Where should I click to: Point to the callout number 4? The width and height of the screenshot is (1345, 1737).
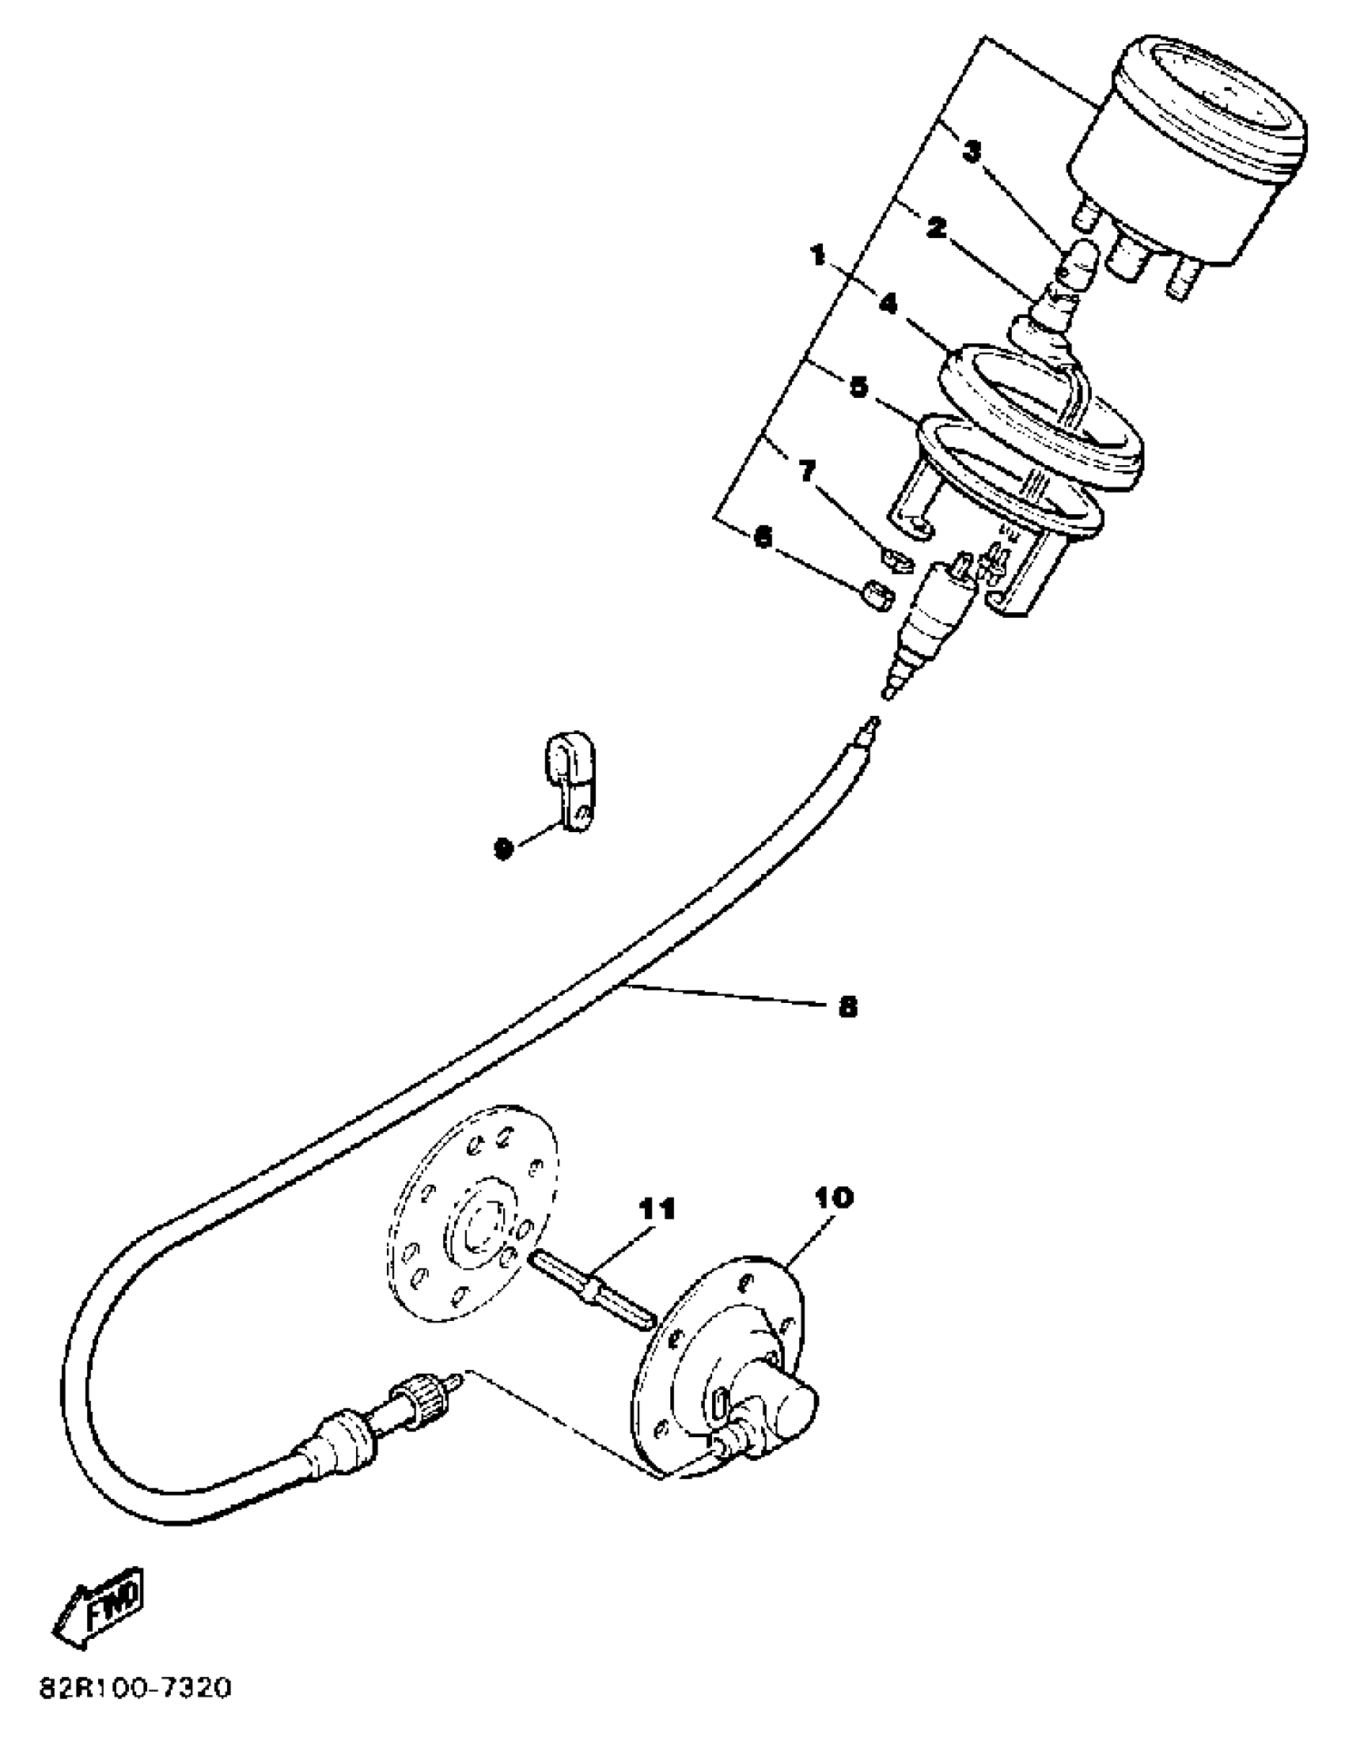(x=888, y=304)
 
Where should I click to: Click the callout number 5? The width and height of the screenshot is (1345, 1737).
(x=858, y=387)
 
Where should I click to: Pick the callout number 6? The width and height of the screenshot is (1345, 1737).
(x=763, y=538)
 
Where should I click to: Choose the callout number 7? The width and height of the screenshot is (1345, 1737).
(x=806, y=472)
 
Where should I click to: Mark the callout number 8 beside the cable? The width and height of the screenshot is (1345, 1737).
(x=848, y=1007)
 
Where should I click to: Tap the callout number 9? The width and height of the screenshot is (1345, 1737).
(x=502, y=849)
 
